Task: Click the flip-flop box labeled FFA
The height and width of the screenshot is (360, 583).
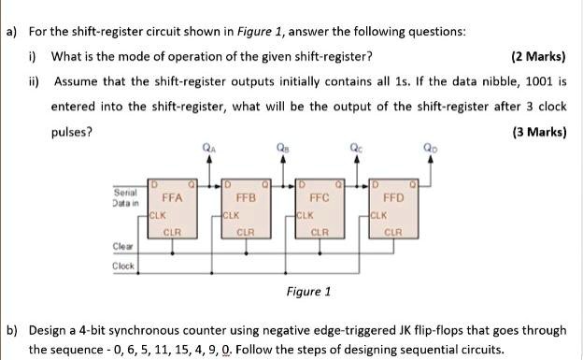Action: (x=173, y=205)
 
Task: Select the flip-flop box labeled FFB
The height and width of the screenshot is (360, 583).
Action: (x=246, y=205)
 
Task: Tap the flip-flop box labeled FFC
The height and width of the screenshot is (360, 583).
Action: (x=320, y=205)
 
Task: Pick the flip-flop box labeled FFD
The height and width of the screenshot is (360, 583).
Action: (x=393, y=205)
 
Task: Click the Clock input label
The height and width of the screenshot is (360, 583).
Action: (x=123, y=266)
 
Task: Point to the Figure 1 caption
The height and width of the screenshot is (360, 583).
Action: (x=308, y=291)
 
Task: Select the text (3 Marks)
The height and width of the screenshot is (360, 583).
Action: (x=539, y=132)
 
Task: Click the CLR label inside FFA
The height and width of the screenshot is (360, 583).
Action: (x=173, y=230)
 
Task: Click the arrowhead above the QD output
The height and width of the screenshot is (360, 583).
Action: (x=429, y=159)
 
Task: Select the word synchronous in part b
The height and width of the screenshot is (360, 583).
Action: (x=127, y=331)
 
